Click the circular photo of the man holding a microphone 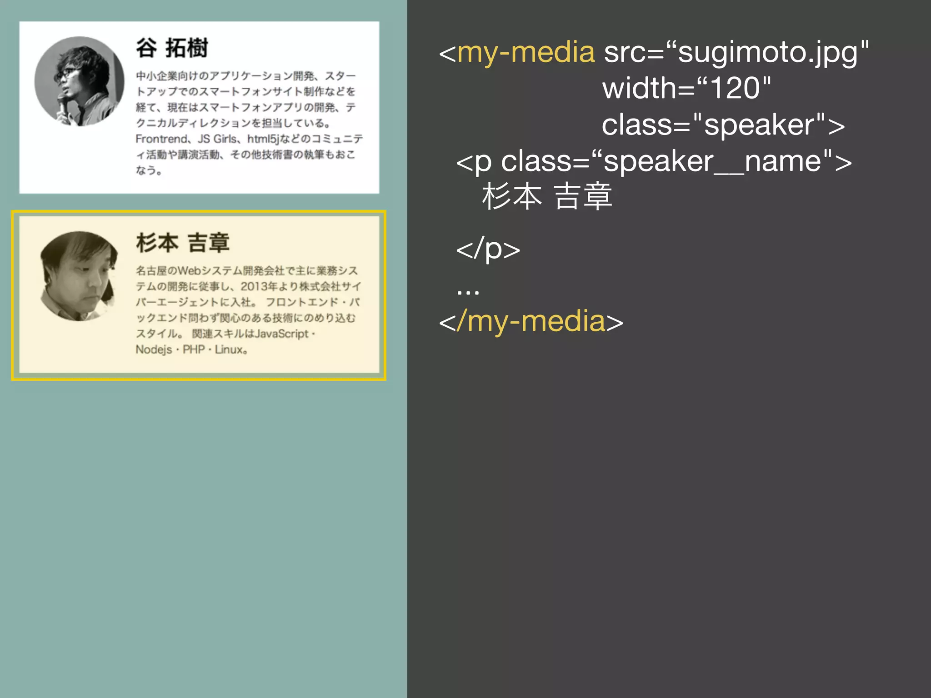(79, 81)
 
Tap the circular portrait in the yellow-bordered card (79, 276)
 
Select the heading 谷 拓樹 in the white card (172, 48)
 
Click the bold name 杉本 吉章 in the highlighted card (183, 243)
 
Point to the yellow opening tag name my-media (526, 52)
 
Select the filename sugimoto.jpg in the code (768, 52)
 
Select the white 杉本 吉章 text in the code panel (547, 196)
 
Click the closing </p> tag (488, 249)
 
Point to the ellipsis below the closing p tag (468, 291)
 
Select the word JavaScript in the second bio (281, 334)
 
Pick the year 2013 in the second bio (254, 286)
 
